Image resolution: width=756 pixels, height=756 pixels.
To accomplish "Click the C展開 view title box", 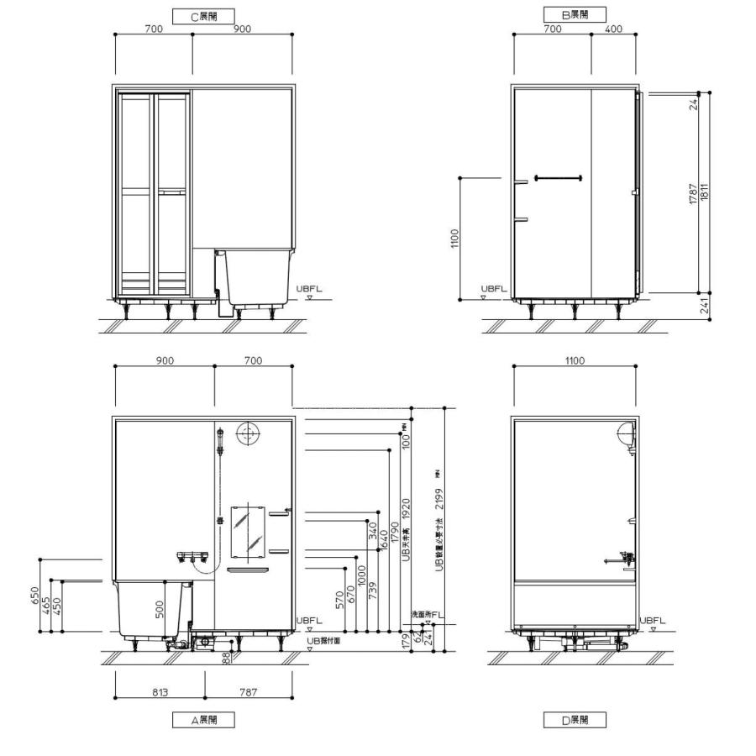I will point(202,15).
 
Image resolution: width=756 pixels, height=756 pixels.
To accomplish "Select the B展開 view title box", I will point(574,15).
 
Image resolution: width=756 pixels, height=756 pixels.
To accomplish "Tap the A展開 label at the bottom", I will point(202,720).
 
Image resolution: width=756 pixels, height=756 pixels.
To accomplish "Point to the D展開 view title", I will point(574,720).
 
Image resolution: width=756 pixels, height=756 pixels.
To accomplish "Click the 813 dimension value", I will point(160,692).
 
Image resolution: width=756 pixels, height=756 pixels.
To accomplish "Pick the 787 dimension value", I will point(247,692).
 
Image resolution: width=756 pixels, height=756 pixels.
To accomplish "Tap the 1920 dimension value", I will point(406,509).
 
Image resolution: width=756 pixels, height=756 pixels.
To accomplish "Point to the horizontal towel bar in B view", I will point(557,177).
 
